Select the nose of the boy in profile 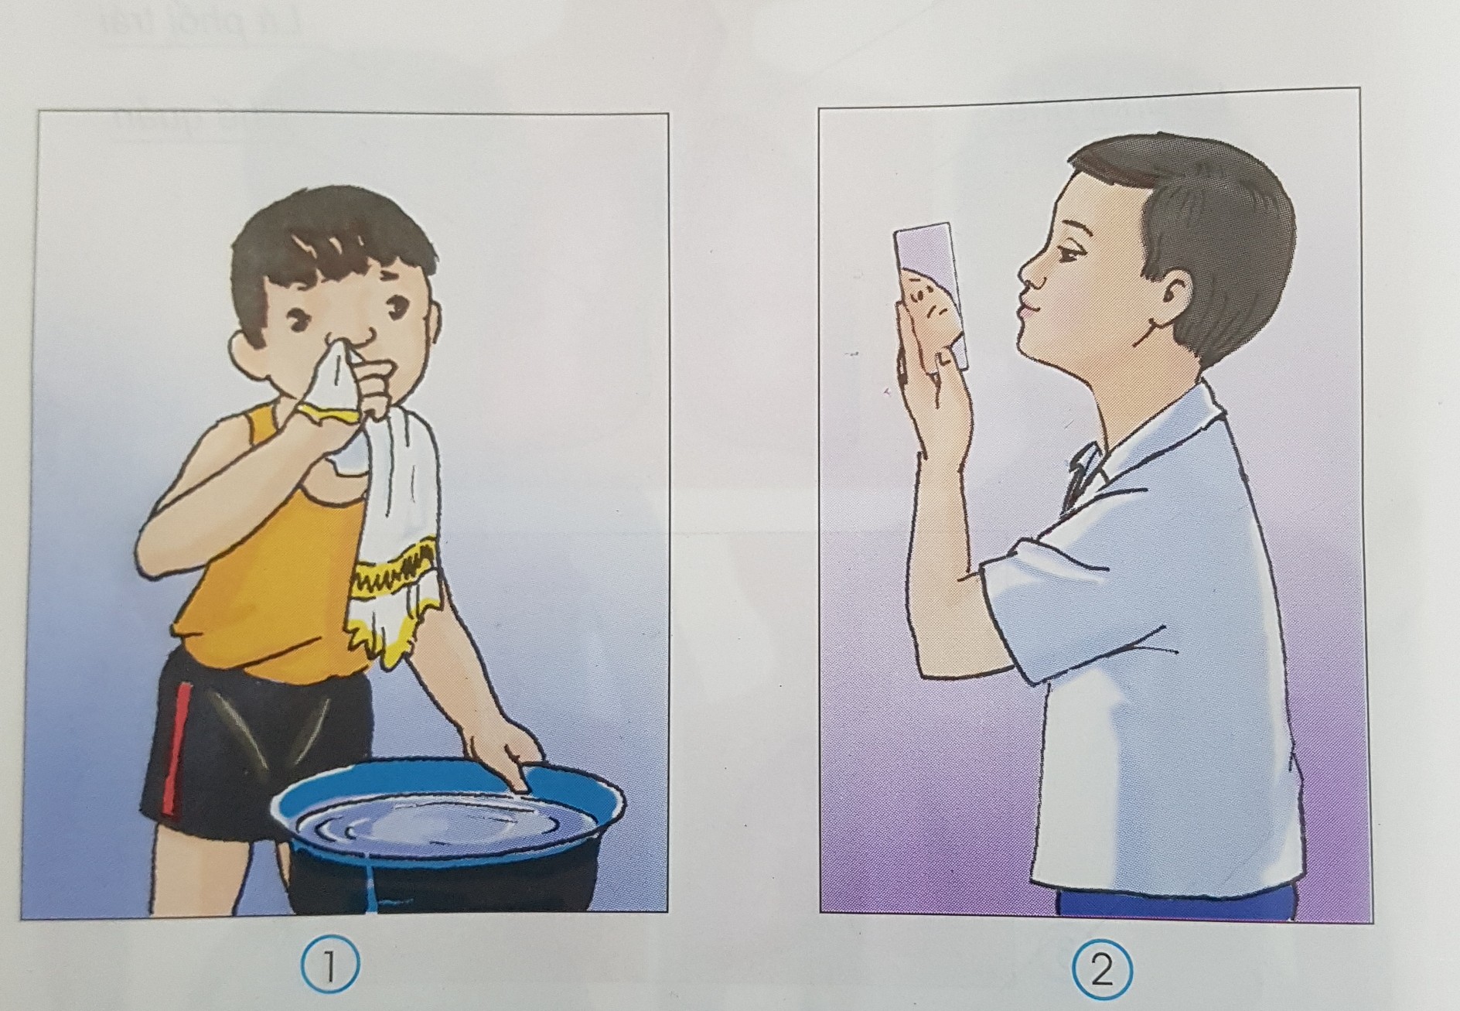1028,271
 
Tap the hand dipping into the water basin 503,758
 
